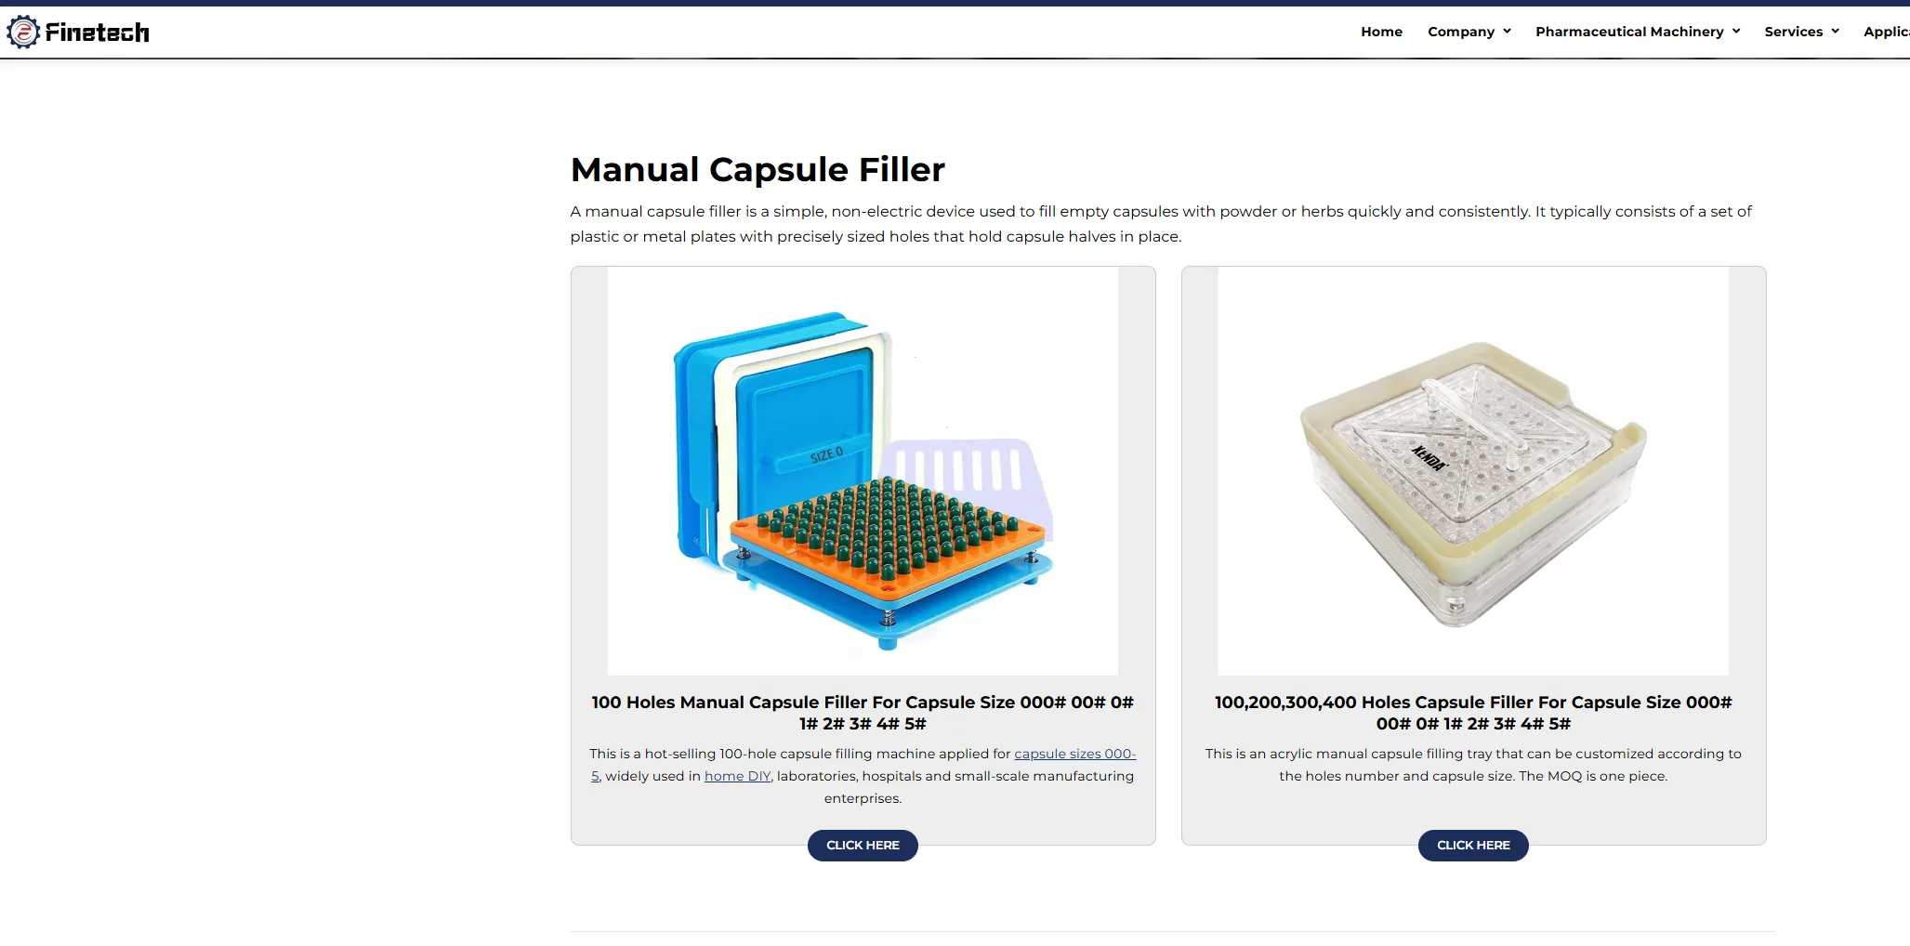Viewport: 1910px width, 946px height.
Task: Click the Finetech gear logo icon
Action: pos(23,32)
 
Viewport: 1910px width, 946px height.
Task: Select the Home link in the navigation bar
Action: pos(1381,32)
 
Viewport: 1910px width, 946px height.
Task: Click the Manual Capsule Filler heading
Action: pos(757,169)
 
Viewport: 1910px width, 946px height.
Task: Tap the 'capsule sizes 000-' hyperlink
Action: pos(1074,754)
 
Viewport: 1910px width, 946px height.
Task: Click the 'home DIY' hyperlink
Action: pos(738,776)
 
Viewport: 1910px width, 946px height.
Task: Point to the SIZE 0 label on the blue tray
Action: pos(826,455)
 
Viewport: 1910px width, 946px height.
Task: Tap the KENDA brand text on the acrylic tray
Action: pos(1429,458)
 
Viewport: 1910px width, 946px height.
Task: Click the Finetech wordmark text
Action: pos(97,33)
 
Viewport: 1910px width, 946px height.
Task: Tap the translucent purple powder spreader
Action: pos(967,479)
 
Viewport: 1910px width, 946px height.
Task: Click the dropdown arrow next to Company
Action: pos(1507,32)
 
